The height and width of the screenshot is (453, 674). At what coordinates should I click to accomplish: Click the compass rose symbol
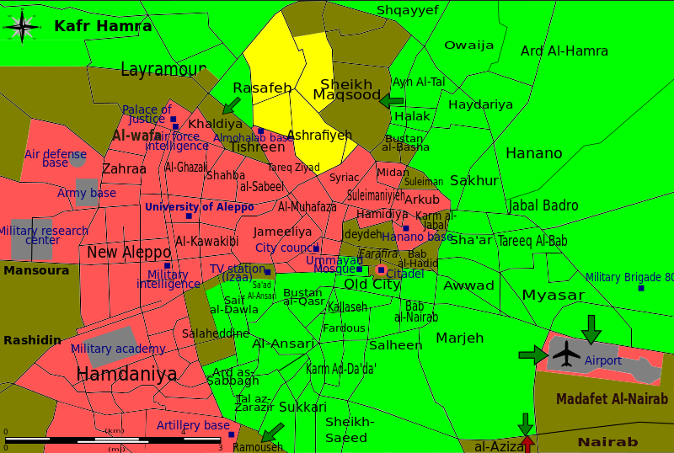(23, 26)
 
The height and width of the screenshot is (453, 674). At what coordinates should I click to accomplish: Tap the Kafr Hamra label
(103, 26)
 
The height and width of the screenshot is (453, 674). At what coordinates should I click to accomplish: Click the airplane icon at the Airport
(567, 354)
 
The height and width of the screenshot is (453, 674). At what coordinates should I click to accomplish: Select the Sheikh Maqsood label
(346, 89)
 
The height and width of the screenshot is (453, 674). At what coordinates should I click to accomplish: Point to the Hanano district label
(533, 153)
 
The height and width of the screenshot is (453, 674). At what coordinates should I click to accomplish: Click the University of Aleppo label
(199, 207)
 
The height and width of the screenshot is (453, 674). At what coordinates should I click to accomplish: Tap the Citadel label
(405, 274)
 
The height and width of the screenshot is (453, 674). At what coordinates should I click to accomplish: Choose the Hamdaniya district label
(126, 374)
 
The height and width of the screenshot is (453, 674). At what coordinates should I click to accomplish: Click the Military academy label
(118, 349)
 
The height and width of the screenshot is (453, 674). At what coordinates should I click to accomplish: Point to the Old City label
(372, 285)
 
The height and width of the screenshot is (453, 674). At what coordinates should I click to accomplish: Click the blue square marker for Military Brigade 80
(641, 288)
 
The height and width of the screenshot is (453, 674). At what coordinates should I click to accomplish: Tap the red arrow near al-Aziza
(527, 443)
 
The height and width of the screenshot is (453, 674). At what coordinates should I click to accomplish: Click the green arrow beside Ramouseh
(271, 433)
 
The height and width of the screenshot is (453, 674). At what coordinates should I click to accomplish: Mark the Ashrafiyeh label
(319, 135)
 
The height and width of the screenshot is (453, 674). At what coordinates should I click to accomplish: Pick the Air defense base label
(55, 158)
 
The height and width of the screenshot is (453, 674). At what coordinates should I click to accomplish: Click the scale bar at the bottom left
(114, 440)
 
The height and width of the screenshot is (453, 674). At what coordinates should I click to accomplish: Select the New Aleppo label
(128, 252)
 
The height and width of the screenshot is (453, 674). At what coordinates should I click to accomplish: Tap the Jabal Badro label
(543, 205)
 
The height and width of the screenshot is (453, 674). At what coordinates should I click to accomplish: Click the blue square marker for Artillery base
(231, 434)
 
